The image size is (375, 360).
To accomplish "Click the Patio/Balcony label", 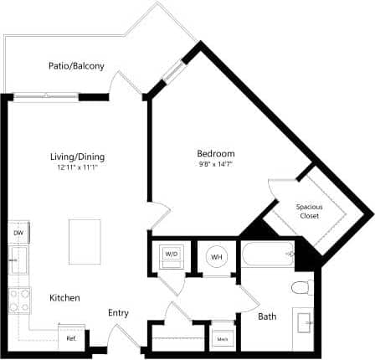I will tap(76, 65).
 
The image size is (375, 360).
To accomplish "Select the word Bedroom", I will tap(215, 153).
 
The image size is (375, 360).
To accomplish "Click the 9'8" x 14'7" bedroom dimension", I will tap(215, 164).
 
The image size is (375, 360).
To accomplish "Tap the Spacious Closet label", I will tap(310, 210).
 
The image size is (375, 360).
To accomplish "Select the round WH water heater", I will tap(216, 256).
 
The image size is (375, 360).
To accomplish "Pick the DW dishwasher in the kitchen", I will tap(18, 233).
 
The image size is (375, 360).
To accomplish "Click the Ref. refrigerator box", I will tap(72, 338).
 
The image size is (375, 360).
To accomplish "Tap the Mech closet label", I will tap(222, 338).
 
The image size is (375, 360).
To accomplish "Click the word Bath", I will tap(267, 316).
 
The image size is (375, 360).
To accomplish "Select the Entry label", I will tap(118, 313).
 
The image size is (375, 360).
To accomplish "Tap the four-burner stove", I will tap(18, 299).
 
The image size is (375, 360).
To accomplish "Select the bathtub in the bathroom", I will tap(267, 253).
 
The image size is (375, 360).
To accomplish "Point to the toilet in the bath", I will tap(301, 289).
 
